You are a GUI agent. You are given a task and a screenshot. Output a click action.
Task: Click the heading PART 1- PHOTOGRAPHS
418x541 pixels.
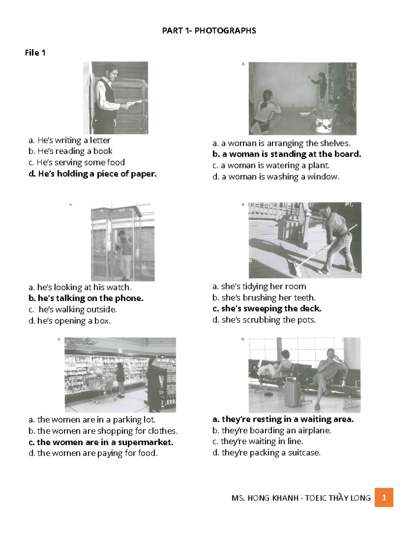(209, 31)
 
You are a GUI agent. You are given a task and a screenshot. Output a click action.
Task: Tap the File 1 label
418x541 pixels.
(35, 53)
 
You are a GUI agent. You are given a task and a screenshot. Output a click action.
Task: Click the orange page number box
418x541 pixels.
(384, 497)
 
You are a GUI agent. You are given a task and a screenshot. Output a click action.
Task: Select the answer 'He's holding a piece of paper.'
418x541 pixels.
(93, 174)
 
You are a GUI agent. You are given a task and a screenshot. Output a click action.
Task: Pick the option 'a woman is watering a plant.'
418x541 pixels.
(271, 165)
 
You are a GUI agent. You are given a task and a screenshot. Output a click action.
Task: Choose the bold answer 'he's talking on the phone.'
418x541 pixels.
(86, 298)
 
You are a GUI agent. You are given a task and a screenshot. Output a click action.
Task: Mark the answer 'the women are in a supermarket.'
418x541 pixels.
(101, 442)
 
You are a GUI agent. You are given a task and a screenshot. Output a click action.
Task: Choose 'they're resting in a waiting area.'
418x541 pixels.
(283, 419)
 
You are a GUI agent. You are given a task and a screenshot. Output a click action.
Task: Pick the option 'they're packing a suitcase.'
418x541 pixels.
(266, 453)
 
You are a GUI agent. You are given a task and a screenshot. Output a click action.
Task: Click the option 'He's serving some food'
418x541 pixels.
(77, 162)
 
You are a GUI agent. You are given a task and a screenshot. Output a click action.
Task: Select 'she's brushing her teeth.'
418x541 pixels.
(264, 297)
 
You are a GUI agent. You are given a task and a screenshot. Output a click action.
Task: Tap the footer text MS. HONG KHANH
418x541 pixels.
(265, 498)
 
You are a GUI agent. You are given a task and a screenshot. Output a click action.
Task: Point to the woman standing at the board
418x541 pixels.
(320, 85)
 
